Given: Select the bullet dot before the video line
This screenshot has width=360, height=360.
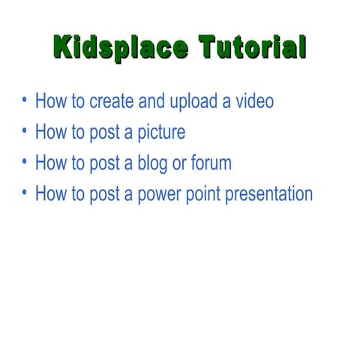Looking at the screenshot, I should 25,100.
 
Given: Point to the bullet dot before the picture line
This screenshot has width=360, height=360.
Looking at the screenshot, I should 25,131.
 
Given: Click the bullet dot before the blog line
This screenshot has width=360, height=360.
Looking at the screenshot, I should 25,162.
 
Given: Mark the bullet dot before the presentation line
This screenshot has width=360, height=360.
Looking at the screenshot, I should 25,193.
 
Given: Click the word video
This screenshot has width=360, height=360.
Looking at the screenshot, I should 253,101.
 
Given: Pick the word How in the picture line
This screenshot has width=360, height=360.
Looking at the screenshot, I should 51,133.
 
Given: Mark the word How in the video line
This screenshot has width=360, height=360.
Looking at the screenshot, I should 51,101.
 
